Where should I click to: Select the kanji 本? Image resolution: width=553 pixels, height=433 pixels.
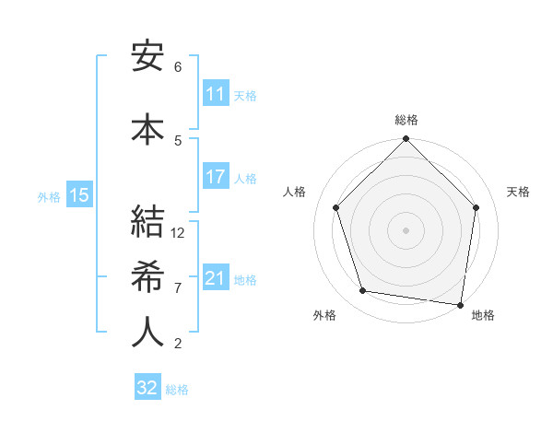(147, 128)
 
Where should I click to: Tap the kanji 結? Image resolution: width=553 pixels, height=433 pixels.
(147, 224)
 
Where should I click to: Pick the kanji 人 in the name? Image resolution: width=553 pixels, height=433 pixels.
(147, 332)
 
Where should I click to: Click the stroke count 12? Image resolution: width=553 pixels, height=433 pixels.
(178, 233)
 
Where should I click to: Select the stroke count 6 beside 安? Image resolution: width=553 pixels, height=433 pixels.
(178, 66)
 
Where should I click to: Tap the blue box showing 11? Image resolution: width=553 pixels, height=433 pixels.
(216, 94)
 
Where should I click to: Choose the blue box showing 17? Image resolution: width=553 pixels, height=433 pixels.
(216, 177)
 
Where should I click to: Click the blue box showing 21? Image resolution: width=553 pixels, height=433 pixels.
(216, 278)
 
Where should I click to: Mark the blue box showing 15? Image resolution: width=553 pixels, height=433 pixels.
(79, 194)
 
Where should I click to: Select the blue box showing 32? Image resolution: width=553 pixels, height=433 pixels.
(147, 388)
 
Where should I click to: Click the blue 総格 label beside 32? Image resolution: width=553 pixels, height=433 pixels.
(177, 390)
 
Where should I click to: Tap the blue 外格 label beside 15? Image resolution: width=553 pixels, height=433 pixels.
(49, 195)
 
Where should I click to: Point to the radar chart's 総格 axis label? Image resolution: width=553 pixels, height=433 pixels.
(406, 120)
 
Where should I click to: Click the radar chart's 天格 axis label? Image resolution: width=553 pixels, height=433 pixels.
(519, 192)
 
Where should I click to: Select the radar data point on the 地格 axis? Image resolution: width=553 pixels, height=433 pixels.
(461, 304)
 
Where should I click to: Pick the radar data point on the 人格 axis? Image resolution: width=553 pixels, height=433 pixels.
(336, 207)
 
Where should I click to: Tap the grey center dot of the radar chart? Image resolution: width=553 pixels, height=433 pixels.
(406, 229)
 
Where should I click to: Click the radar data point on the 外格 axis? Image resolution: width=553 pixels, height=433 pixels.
(363, 291)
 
